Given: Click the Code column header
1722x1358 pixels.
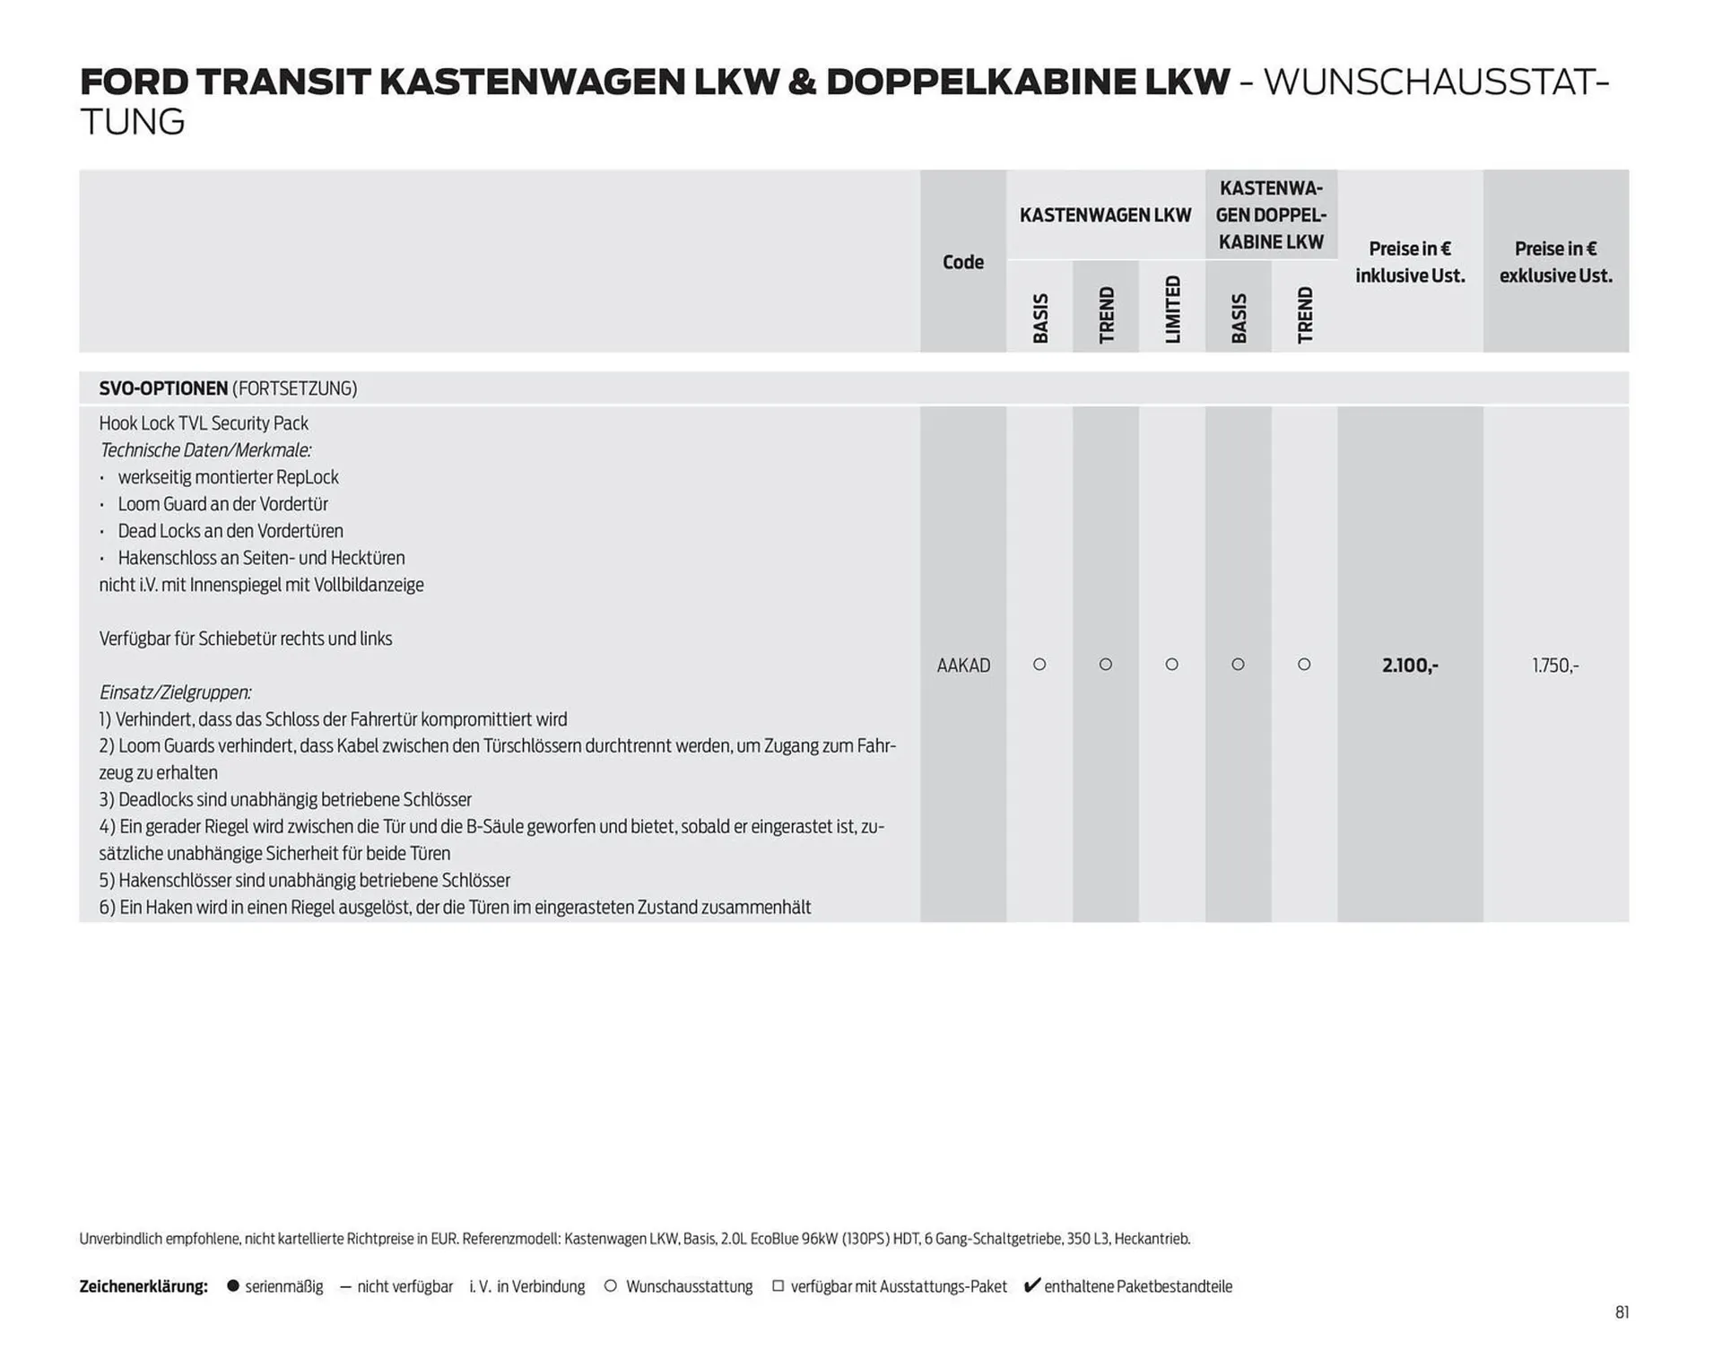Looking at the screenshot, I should point(962,262).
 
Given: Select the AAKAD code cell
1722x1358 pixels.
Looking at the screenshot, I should point(963,666).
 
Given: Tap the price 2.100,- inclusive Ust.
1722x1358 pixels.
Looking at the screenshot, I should point(1410,666).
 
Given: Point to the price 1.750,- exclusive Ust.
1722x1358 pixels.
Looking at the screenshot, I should point(1555,666).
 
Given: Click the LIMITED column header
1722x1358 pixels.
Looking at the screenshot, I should point(1172,309).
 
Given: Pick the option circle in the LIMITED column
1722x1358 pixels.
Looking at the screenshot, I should point(1171,665).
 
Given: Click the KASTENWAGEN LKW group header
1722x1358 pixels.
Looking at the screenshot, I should point(1105,215).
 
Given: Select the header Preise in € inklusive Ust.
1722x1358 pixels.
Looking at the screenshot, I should point(1410,262).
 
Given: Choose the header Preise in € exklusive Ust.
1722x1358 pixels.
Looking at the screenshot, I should point(1555,262).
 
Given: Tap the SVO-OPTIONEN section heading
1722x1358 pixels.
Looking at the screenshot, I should point(163,388).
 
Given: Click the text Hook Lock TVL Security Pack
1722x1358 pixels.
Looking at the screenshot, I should point(204,423).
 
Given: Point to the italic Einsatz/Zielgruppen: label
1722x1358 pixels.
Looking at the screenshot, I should point(175,692).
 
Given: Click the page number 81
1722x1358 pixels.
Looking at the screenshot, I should point(1622,1312).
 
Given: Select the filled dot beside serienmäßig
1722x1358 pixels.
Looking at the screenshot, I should point(233,1286).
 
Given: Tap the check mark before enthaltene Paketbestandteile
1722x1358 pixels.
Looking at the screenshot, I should point(1031,1285).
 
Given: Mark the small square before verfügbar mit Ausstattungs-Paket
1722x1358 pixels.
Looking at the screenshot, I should point(778,1286).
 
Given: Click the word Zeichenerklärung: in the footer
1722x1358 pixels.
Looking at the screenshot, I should point(143,1286).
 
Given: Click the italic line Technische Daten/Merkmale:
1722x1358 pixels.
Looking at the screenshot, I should point(205,450).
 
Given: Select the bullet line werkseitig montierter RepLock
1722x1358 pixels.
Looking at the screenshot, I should point(228,477).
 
